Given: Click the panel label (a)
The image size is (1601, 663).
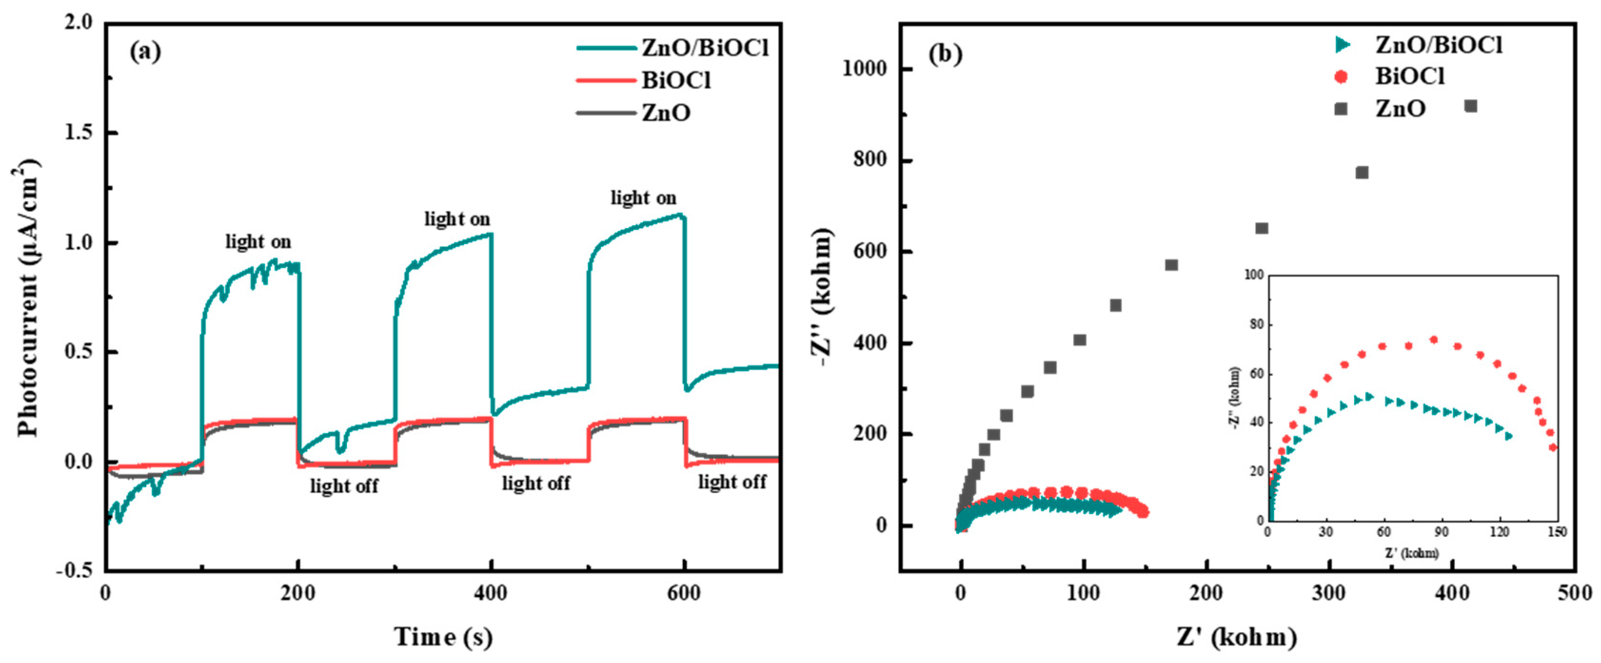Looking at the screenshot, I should point(145,52).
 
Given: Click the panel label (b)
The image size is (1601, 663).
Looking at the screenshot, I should point(945,55).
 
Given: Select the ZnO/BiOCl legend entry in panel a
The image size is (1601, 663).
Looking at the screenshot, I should point(704,48).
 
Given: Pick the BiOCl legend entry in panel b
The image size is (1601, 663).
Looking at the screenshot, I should point(1410,77).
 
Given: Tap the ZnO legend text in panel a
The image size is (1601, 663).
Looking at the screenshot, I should point(666,113).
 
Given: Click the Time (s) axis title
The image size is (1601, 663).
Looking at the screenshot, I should point(443,637).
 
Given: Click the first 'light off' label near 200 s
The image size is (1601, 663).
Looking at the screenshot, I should point(344,486).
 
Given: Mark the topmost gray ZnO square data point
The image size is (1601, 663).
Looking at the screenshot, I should point(1471,106).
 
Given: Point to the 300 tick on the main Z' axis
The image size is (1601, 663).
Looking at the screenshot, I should point(1329,594).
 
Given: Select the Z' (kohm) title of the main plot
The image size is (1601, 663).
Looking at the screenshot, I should point(1237,637).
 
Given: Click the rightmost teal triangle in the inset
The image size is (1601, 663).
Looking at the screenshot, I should point(1508,436).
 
